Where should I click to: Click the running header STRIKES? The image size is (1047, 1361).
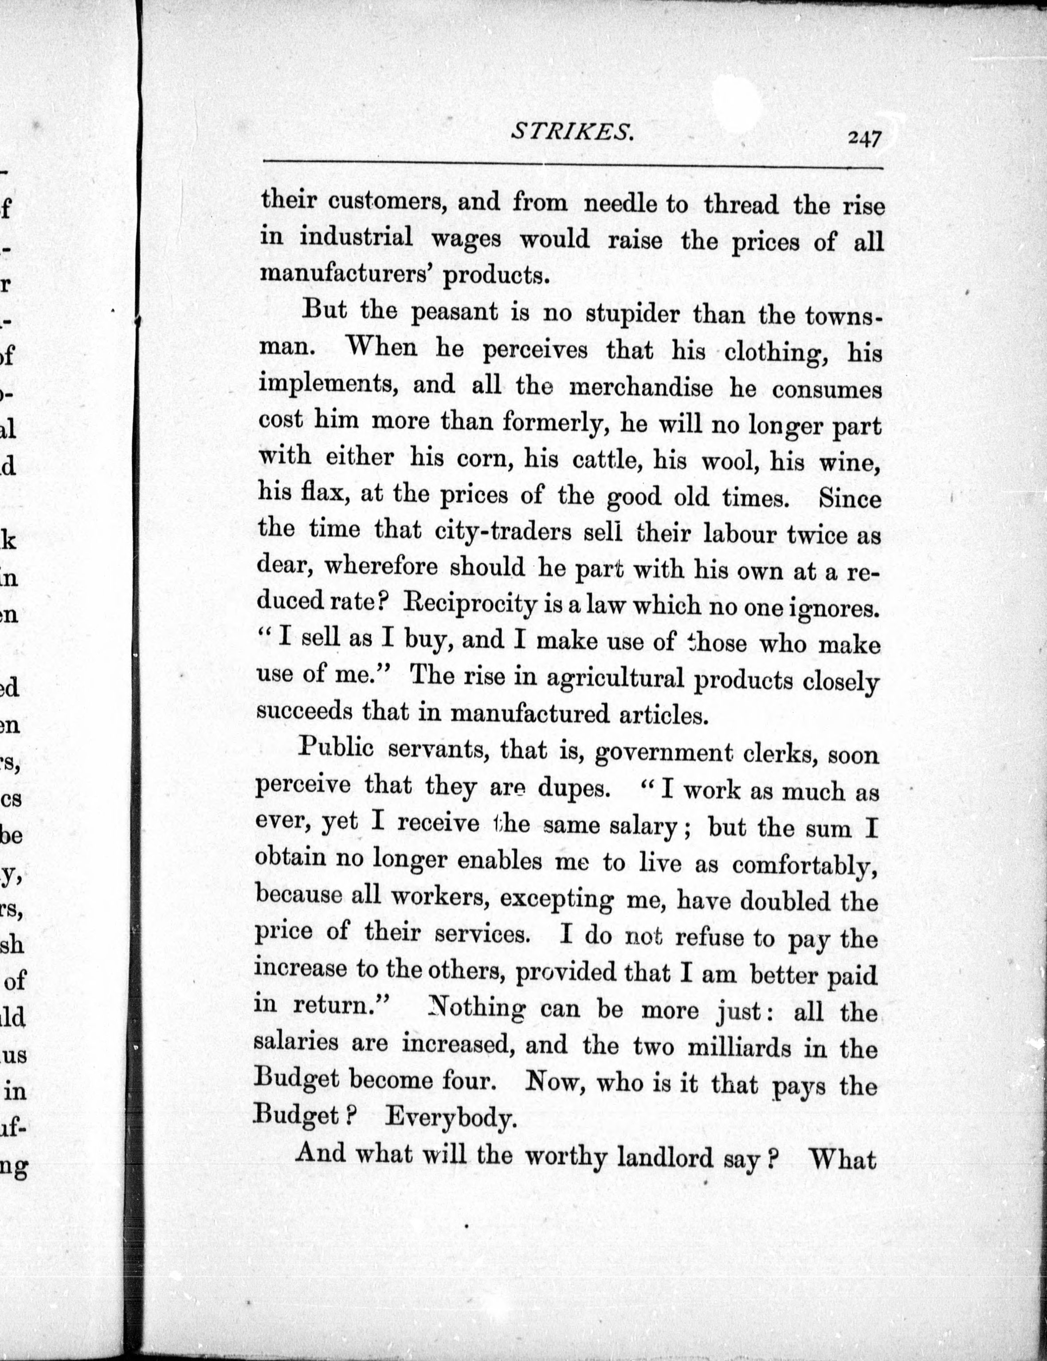(572, 132)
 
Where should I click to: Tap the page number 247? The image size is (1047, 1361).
(863, 137)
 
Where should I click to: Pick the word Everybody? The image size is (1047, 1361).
(451, 1118)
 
